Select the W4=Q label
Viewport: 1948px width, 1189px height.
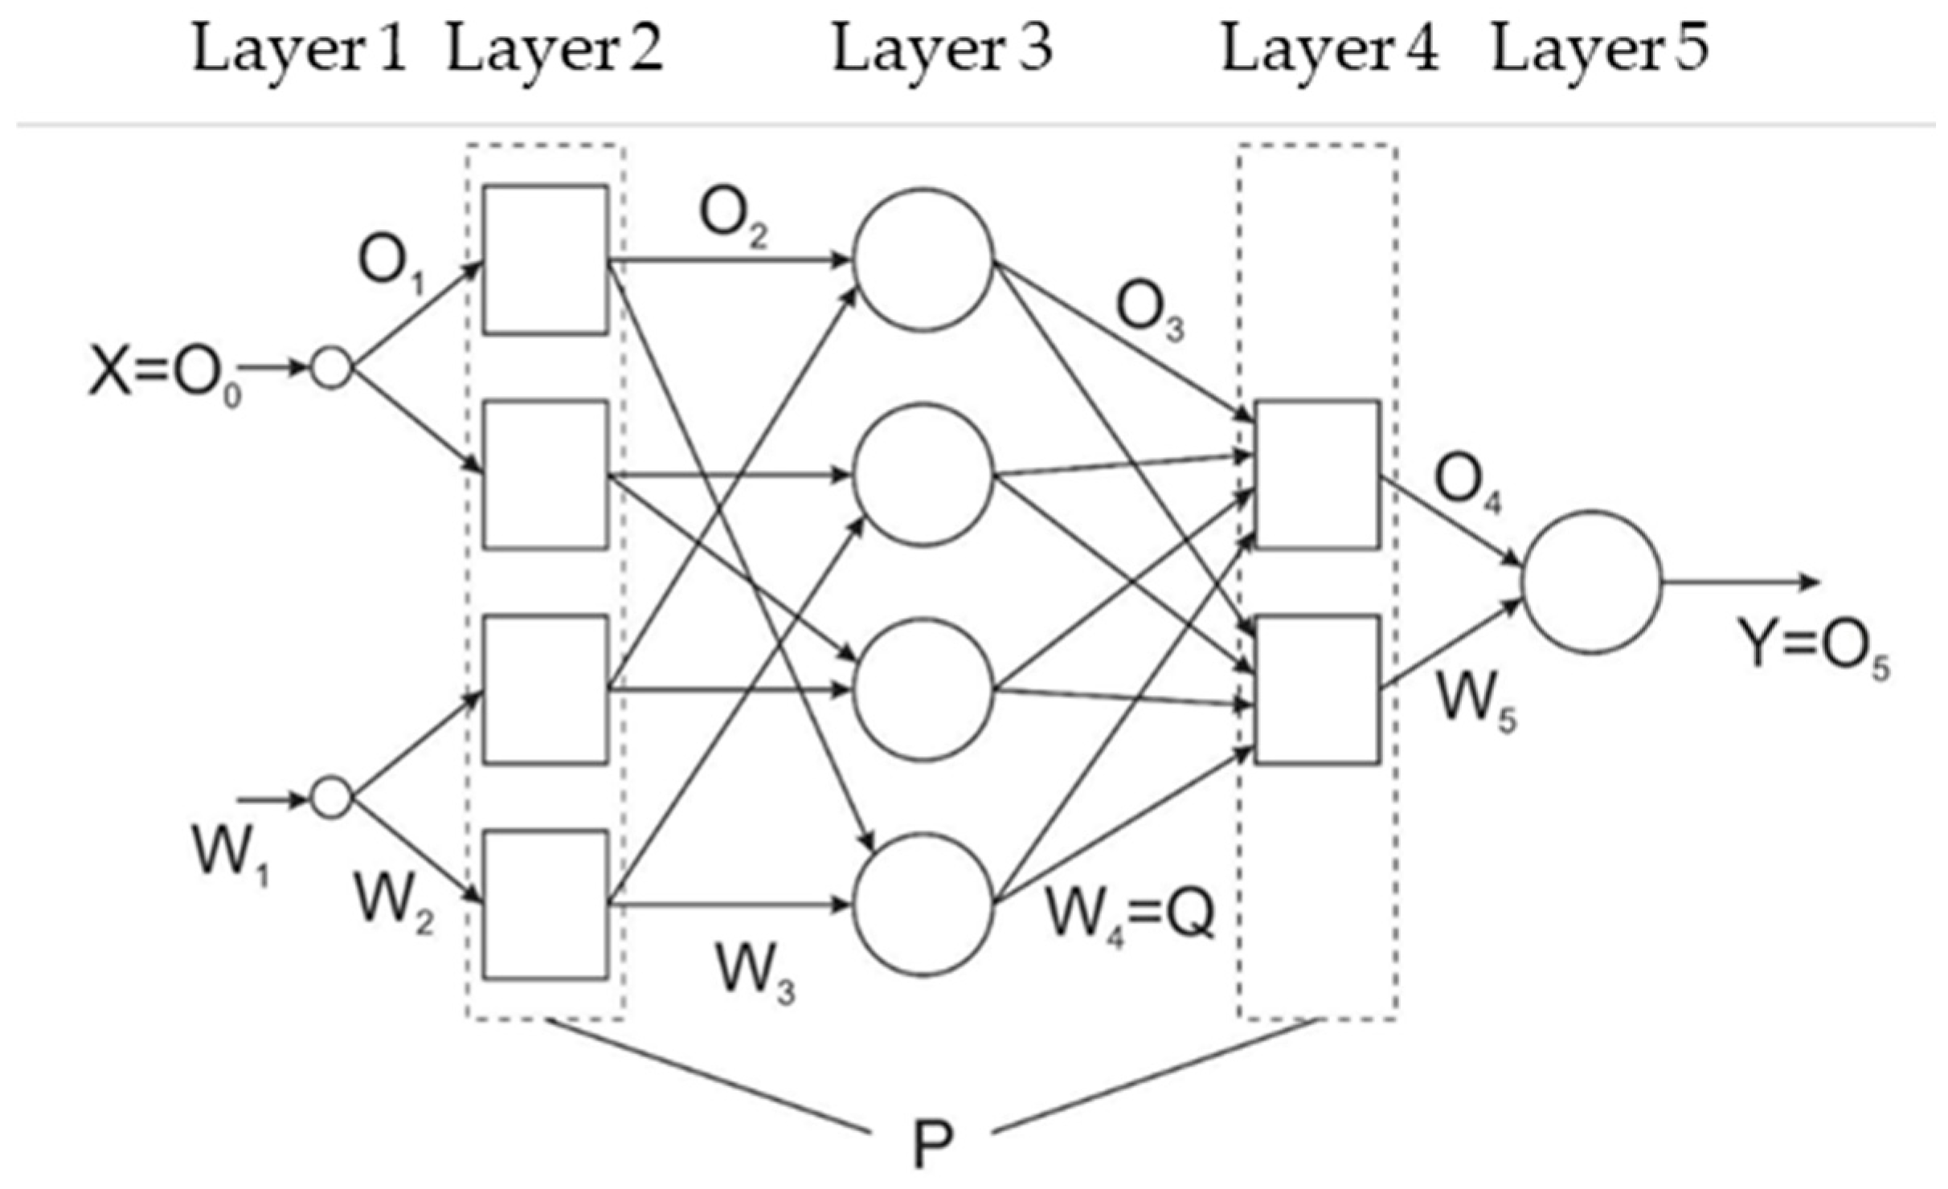coord(1129,916)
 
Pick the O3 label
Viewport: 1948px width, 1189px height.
coord(1149,313)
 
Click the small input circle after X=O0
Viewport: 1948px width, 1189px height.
coord(332,369)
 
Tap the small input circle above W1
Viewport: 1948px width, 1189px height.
coord(332,798)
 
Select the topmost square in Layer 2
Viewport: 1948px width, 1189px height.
coord(545,259)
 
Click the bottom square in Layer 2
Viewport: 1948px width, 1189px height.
coord(545,905)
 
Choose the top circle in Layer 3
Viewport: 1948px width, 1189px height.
coord(923,259)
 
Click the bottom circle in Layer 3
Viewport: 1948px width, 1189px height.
coord(923,905)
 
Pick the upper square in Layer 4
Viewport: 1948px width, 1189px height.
coord(1317,474)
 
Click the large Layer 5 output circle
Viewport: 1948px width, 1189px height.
coord(1591,582)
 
